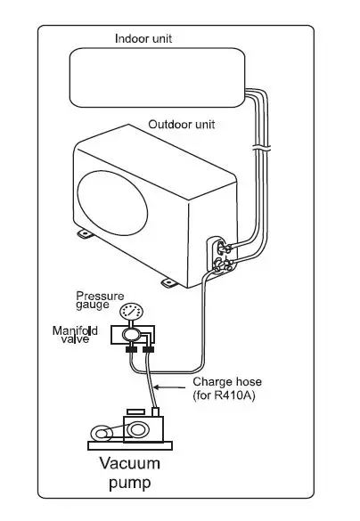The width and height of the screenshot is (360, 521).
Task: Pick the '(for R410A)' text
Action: coord(225,395)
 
